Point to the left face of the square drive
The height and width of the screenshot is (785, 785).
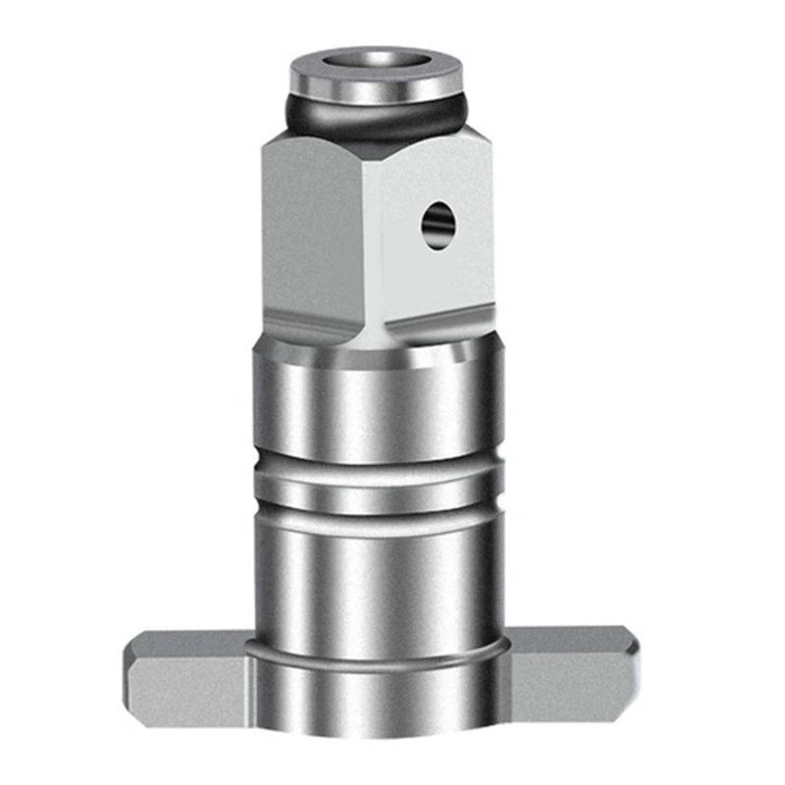click(x=314, y=235)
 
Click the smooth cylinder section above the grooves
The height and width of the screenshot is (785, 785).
click(x=378, y=402)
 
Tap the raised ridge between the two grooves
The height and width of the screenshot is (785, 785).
click(x=378, y=482)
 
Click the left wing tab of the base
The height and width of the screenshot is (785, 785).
click(x=186, y=677)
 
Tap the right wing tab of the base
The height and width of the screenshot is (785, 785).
click(x=569, y=677)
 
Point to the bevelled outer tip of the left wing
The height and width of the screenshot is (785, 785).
click(x=132, y=677)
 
